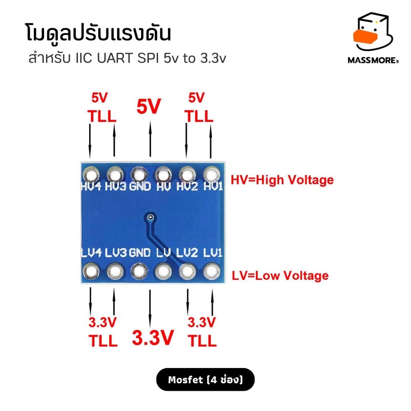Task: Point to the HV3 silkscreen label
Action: (116, 186)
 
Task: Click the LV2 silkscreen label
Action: (187, 253)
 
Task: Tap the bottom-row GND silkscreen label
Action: (140, 253)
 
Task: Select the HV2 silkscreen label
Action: (187, 186)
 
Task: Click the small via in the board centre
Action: (151, 217)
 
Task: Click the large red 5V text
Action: (149, 106)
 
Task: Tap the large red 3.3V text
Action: (153, 337)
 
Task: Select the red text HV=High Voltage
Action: (282, 180)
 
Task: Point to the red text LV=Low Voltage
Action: (280, 276)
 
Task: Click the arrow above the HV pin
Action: (150, 138)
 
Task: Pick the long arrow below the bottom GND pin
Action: (150, 308)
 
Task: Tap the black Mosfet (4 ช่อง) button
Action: (205, 380)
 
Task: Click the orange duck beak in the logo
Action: (365, 37)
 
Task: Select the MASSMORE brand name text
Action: (373, 60)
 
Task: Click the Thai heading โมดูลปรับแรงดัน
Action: (99, 33)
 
